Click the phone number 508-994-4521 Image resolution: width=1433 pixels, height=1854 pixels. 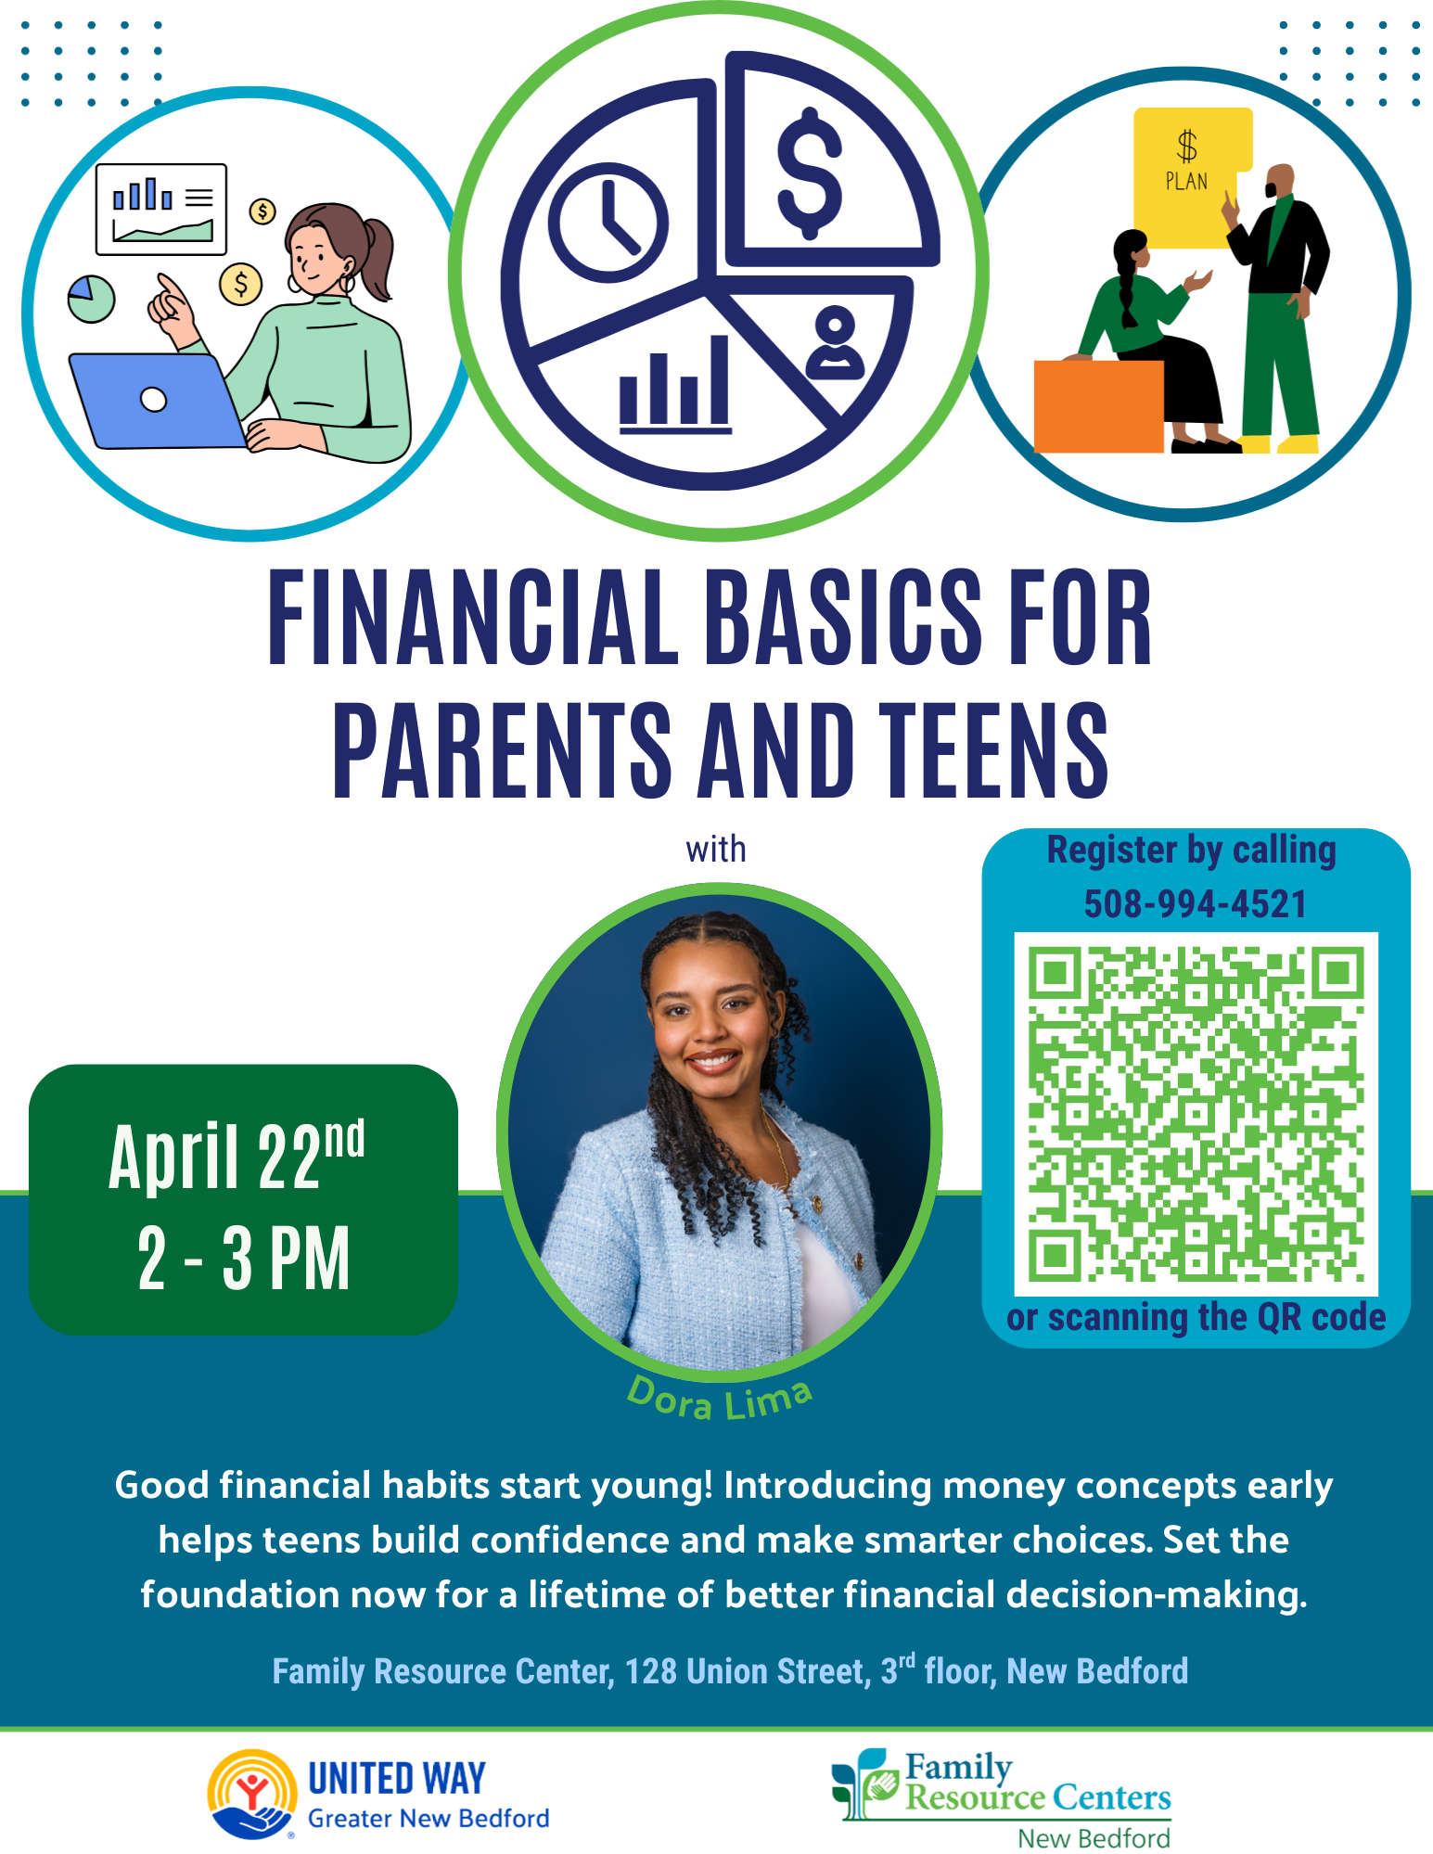click(1196, 904)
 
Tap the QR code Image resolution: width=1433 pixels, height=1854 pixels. click(1196, 1114)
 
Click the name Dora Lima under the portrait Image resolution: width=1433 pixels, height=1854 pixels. click(721, 1400)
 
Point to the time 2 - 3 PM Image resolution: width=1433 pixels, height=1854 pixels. click(244, 1258)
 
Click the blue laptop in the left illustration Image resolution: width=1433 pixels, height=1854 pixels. click(158, 401)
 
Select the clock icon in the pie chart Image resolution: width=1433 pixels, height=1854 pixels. click(608, 223)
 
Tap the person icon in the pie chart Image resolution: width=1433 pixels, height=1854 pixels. click(836, 342)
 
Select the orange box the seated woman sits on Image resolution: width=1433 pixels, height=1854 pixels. click(1098, 406)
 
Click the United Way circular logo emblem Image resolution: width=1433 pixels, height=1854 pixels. click(251, 1794)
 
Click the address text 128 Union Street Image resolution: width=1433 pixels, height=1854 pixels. click(748, 1671)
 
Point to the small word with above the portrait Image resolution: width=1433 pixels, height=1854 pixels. click(716, 849)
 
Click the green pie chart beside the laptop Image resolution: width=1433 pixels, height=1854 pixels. click(91, 299)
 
